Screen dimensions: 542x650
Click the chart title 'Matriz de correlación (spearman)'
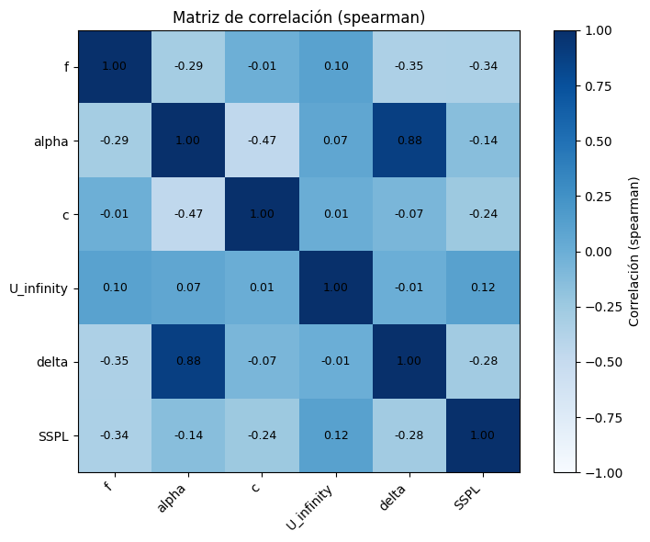(x=298, y=17)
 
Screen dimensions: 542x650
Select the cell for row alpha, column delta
(x=409, y=141)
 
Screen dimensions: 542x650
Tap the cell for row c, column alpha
(x=188, y=214)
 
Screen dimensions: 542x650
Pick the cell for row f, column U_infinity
(x=335, y=67)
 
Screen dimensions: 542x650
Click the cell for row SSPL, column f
(x=115, y=435)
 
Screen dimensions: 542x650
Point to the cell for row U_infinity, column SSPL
(x=482, y=288)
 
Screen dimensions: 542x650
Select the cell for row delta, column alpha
(x=188, y=361)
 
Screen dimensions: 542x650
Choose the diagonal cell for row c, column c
(x=262, y=214)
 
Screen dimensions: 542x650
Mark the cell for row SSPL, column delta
(x=409, y=435)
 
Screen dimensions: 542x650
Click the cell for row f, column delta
(x=409, y=67)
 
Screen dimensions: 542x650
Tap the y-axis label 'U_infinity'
(x=39, y=288)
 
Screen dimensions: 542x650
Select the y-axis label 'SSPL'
(x=55, y=435)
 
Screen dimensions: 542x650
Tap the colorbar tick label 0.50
(x=599, y=141)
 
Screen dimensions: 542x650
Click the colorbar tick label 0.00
(x=599, y=251)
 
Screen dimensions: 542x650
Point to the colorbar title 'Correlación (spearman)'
(x=633, y=251)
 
